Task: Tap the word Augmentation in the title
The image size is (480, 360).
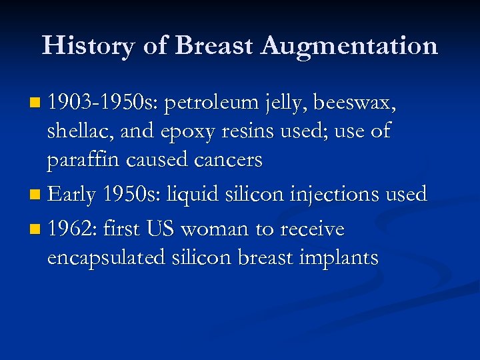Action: coord(349,46)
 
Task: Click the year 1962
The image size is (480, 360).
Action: coord(71,229)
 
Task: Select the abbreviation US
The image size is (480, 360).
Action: coord(160,229)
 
